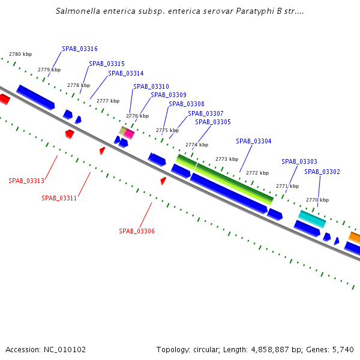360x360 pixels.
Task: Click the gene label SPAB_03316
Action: [80, 49]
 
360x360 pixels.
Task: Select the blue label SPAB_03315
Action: [107, 64]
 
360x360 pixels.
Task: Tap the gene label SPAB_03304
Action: [253, 142]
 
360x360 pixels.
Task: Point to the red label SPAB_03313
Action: [26, 181]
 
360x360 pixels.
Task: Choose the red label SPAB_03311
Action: [59, 198]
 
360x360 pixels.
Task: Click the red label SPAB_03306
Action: [137, 231]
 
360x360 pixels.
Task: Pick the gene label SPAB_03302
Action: [322, 172]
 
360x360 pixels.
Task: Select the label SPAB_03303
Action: [299, 161]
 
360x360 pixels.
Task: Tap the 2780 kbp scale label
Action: [20, 55]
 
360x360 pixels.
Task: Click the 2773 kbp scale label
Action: [227, 159]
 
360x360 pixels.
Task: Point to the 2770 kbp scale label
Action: [317, 200]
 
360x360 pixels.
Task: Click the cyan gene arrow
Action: [312, 218]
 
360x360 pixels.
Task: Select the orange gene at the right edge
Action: [355, 238]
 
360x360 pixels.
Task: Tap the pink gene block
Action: [129, 135]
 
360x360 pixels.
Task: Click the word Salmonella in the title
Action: [78, 11]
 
